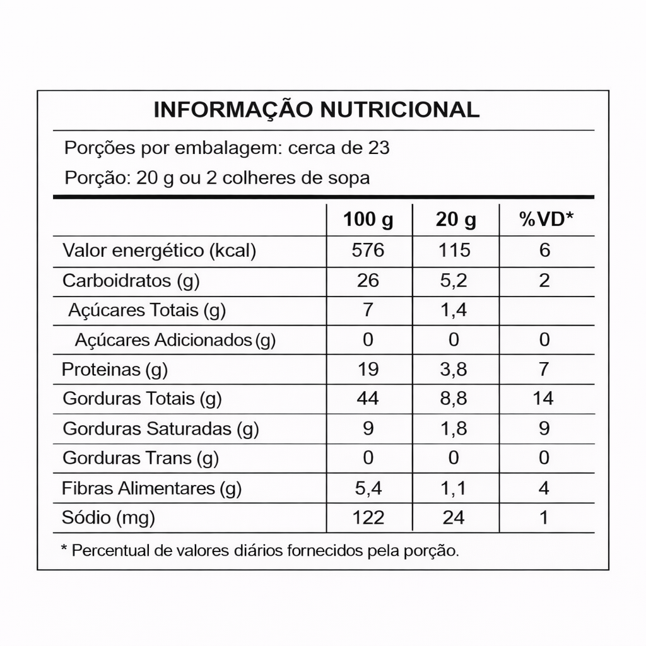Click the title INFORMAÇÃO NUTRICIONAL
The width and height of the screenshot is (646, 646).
click(x=316, y=109)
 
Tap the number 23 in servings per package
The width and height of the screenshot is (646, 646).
click(x=378, y=148)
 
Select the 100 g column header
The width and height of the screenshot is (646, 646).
click(x=368, y=220)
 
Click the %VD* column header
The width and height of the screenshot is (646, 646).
click(x=546, y=220)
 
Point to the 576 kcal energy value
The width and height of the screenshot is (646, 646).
click(x=368, y=250)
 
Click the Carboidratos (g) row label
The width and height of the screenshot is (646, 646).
click(x=131, y=281)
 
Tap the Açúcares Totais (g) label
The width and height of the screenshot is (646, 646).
click(x=146, y=310)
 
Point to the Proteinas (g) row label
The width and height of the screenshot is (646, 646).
click(x=115, y=370)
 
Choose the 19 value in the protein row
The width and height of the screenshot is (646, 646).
click(x=368, y=370)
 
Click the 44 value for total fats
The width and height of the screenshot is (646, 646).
click(x=368, y=399)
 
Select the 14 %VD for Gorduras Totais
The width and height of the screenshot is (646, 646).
click(x=544, y=399)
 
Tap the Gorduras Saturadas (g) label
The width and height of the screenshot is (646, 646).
click(x=161, y=429)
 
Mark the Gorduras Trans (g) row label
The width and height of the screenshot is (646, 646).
click(x=141, y=458)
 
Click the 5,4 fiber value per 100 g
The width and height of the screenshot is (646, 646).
click(x=368, y=488)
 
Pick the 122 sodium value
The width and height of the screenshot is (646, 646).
click(x=368, y=518)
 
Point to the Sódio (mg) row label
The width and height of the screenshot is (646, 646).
click(x=109, y=518)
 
